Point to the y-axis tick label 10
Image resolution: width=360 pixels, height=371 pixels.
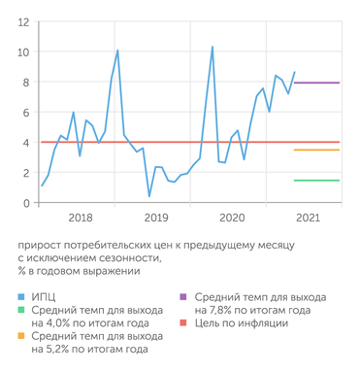tap(22, 51)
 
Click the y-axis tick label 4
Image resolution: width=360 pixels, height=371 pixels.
tap(25, 142)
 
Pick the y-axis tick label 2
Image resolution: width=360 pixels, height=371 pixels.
tap(25, 172)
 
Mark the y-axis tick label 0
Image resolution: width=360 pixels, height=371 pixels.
tap(25, 202)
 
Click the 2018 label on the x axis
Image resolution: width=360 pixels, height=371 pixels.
tap(81, 219)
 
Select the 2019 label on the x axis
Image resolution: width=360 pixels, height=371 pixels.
tap(156, 219)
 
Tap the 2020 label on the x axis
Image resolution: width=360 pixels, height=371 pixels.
tap(231, 219)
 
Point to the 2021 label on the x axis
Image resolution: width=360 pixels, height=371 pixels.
tap(307, 219)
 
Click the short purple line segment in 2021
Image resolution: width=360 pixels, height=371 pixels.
tap(316, 84)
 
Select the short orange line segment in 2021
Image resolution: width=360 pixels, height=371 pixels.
tap(316, 150)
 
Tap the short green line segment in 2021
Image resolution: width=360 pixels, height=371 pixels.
tap(316, 180)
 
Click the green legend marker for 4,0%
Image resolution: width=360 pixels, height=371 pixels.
tap(21, 310)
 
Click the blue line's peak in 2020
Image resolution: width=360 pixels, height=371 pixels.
tap(213, 47)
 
